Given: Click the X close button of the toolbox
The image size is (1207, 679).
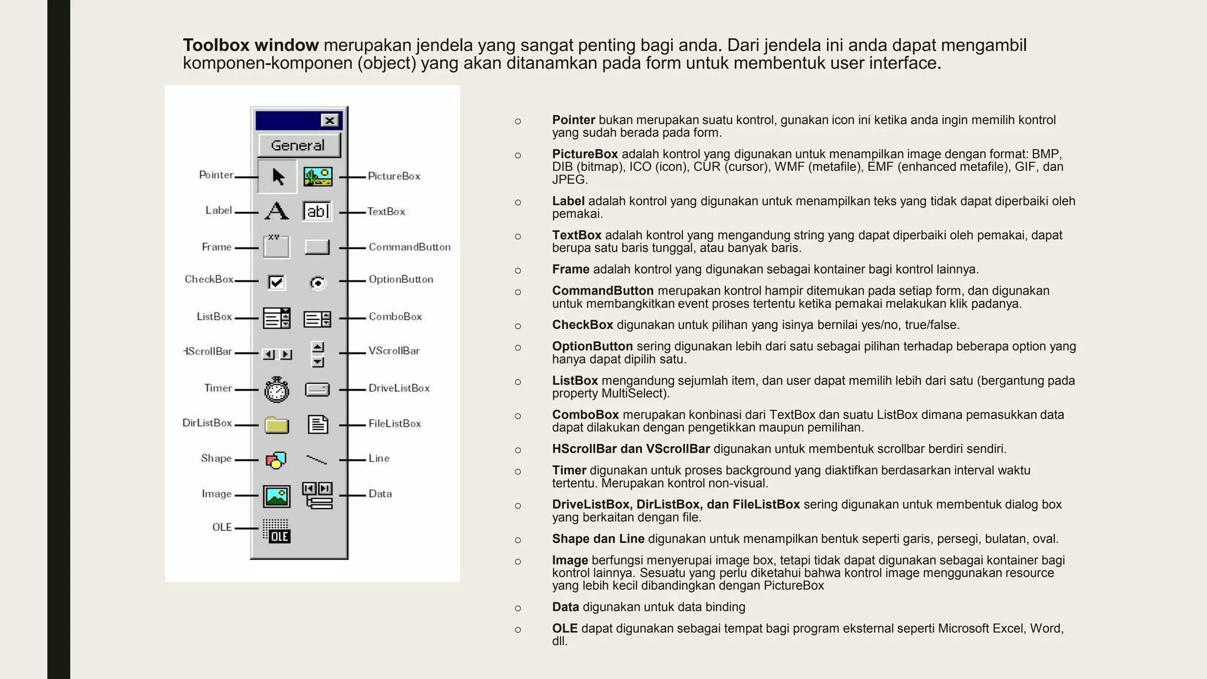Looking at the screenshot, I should pos(330,121).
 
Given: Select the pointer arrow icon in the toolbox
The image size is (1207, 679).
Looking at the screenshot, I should pos(278,176).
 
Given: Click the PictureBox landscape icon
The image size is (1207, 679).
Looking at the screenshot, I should pos(318,176).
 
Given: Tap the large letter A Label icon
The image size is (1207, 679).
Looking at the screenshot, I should pos(276,211).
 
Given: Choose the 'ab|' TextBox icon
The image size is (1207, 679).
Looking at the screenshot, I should pos(317,211).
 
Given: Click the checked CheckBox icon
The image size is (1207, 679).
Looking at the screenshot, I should pos(276,282).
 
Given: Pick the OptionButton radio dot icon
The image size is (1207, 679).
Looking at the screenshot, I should pos(318,283).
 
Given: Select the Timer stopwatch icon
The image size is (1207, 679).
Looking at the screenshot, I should pos(276,390).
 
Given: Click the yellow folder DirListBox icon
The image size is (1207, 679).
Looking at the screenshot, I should pos(276,425).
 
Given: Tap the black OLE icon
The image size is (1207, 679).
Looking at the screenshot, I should pos(276,531).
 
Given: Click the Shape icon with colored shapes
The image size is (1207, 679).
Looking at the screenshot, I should pos(276,460).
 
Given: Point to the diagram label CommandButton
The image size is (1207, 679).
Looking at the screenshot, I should pos(410,247).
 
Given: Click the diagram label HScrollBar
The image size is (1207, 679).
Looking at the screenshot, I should pos(208,351).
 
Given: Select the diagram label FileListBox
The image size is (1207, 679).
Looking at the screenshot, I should pos(395,423).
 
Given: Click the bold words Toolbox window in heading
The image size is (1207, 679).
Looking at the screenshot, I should pos(250,45).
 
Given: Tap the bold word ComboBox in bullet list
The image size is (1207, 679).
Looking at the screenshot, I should pos(585,415).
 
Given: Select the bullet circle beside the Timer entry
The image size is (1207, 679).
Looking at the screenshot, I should pos(518,472).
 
